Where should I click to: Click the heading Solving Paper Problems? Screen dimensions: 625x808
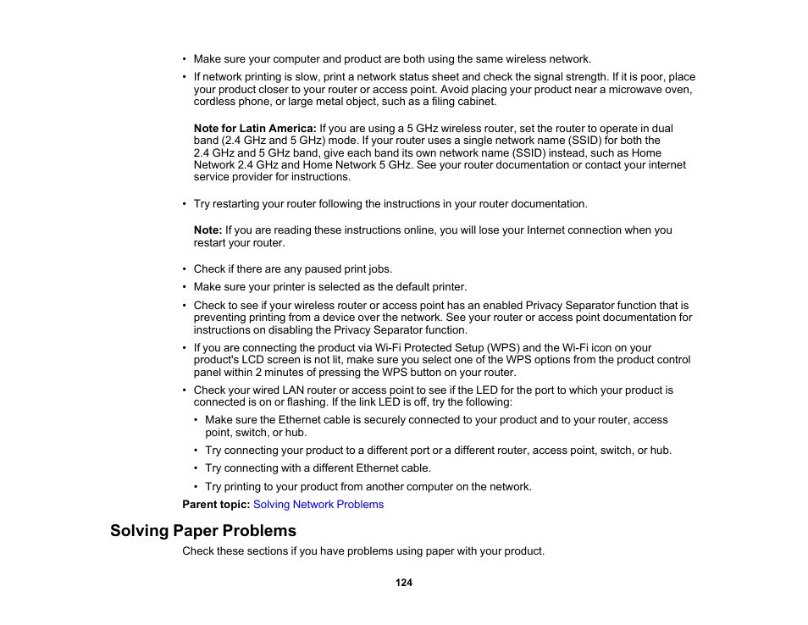tap(203, 531)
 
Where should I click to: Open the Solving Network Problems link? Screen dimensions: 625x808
tap(318, 505)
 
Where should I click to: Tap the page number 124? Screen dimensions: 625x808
tap(404, 583)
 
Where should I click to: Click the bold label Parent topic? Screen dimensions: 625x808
tap(216, 505)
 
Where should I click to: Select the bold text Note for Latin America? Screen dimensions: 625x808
tap(255, 129)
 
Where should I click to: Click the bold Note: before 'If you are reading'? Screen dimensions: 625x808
tap(208, 230)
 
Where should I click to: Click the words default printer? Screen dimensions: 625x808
tap(428, 287)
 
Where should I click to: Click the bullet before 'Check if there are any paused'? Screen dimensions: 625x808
tap(185, 269)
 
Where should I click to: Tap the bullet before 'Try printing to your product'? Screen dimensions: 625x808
tap(196, 487)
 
